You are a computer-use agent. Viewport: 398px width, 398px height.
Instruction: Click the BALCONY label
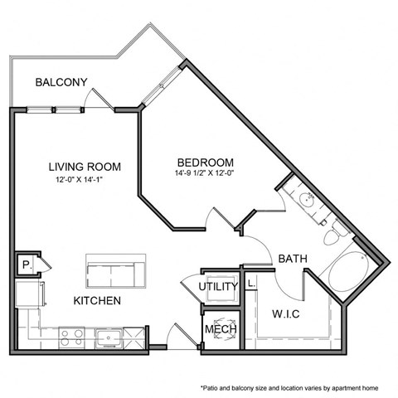[61, 82]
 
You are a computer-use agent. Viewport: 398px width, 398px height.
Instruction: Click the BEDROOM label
[205, 162]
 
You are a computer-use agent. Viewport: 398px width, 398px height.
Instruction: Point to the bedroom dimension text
[205, 173]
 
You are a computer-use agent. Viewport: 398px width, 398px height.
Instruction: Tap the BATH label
[293, 259]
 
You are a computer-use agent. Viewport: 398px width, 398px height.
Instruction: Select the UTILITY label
[219, 288]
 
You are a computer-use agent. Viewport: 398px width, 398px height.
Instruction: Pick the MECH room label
[221, 330]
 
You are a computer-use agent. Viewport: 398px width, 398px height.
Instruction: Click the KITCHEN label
[97, 299]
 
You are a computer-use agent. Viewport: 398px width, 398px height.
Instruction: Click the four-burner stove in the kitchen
[70, 337]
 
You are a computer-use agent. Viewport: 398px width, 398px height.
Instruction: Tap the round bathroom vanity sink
[304, 200]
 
